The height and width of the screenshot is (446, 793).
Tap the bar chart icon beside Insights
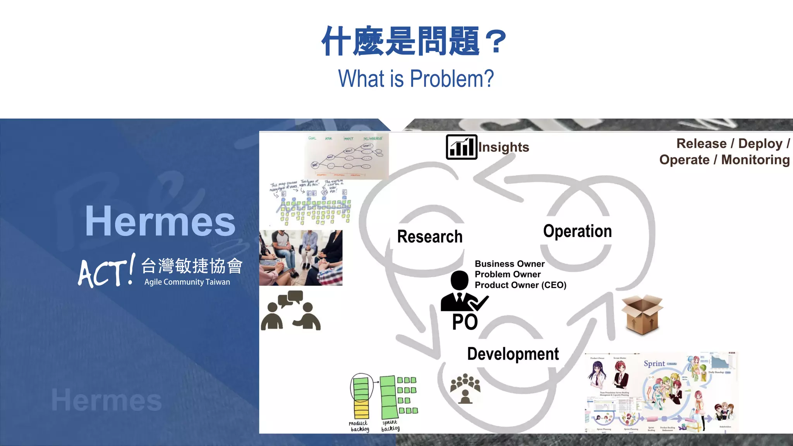[x=461, y=147]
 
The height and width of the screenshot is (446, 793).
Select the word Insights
[x=504, y=147]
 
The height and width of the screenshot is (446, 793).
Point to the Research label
[x=430, y=237]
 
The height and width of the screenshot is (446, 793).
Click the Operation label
[x=577, y=231]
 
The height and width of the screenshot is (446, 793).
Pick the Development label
[x=513, y=354]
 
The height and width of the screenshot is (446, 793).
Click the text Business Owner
[x=510, y=264]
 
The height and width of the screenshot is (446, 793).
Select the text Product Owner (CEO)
[x=520, y=285]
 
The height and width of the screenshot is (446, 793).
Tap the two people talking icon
[x=290, y=310]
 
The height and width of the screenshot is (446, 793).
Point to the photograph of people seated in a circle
[x=301, y=258]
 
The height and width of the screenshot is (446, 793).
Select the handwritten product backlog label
[x=359, y=426]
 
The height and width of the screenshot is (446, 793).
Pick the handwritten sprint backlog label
[x=390, y=425]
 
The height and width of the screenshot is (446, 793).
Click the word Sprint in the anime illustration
[x=654, y=364]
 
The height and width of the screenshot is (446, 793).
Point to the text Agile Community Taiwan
[x=187, y=282]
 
